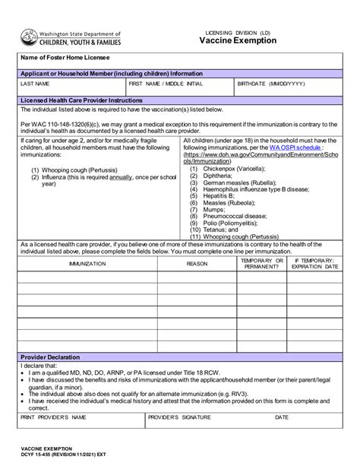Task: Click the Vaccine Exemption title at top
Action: click(238, 41)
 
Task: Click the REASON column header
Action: click(197, 262)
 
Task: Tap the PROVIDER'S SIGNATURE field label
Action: click(178, 417)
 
